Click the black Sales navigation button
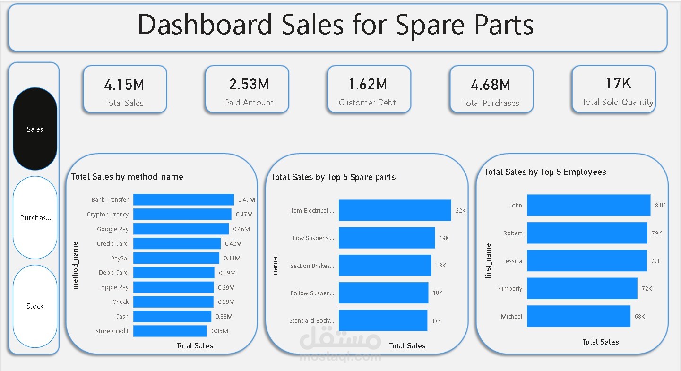pyautogui.click(x=35, y=129)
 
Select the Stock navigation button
pyautogui.click(x=35, y=306)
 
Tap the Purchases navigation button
pyautogui.click(x=35, y=218)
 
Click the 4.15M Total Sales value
pyautogui.click(x=124, y=85)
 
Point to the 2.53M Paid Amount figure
pyautogui.click(x=249, y=85)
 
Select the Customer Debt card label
pyautogui.click(x=367, y=103)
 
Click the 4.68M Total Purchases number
pyautogui.click(x=491, y=85)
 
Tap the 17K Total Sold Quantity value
pyautogui.click(x=618, y=84)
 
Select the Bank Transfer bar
pyautogui.click(x=183, y=200)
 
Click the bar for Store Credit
pyautogui.click(x=170, y=331)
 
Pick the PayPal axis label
pyautogui.click(x=120, y=259)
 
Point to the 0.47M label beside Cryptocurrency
pyautogui.click(x=244, y=215)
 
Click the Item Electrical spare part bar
pyautogui.click(x=395, y=210)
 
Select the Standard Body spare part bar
pyautogui.click(x=383, y=320)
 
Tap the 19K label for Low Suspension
pyautogui.click(x=444, y=238)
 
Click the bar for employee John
pyautogui.click(x=588, y=206)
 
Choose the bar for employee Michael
pyautogui.click(x=578, y=316)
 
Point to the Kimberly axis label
pyautogui.click(x=510, y=289)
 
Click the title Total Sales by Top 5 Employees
pyautogui.click(x=545, y=172)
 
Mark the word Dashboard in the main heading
pyautogui.click(x=205, y=25)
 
